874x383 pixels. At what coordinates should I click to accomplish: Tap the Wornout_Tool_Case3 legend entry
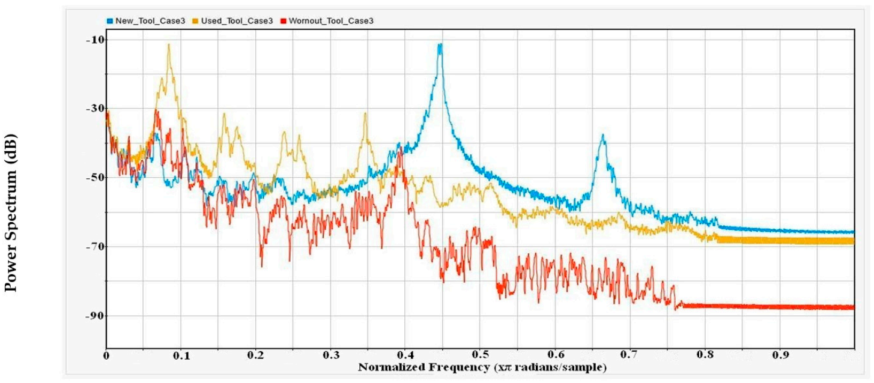tap(331, 21)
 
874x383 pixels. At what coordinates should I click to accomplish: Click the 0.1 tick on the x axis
tap(181, 356)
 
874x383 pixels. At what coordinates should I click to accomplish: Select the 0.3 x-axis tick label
tap(330, 356)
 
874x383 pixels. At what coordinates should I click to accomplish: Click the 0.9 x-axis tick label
tap(779, 356)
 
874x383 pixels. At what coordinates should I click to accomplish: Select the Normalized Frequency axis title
tap(481, 367)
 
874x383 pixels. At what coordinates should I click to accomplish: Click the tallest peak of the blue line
tap(440, 44)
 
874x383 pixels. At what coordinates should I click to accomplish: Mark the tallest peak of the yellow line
tap(169, 44)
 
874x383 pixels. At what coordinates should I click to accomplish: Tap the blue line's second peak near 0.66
tap(602, 136)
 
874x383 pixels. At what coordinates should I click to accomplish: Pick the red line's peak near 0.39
tap(400, 146)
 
